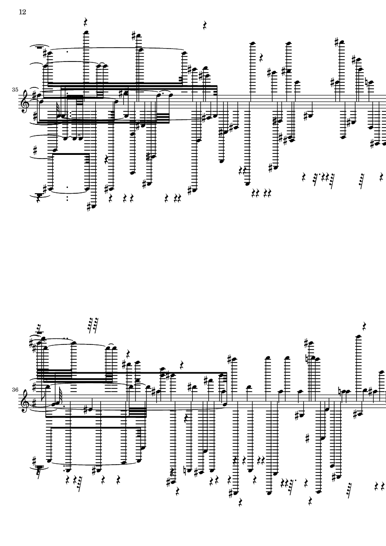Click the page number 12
point(22,12)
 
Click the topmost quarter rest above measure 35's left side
point(86,21)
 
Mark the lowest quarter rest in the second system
point(241,502)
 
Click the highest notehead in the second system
point(357,336)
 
